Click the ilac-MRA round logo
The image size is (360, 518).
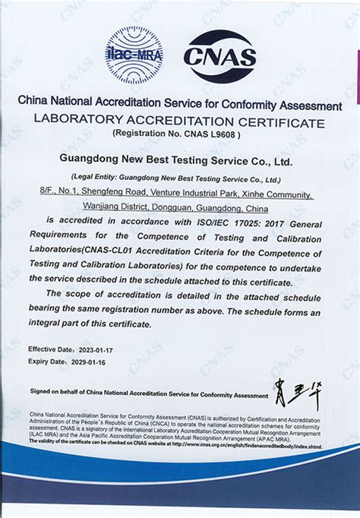(134, 55)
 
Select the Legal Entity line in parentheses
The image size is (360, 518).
(179, 179)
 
